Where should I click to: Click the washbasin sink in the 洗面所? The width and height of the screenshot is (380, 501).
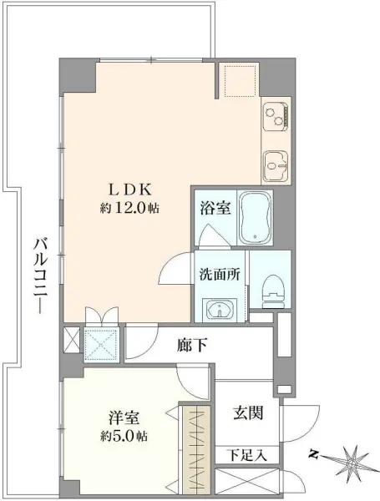point(220,310)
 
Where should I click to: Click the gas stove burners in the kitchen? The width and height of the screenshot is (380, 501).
point(275,115)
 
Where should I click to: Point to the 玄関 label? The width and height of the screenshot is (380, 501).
point(248,412)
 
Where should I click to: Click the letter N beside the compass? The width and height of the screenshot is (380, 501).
point(314,455)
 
